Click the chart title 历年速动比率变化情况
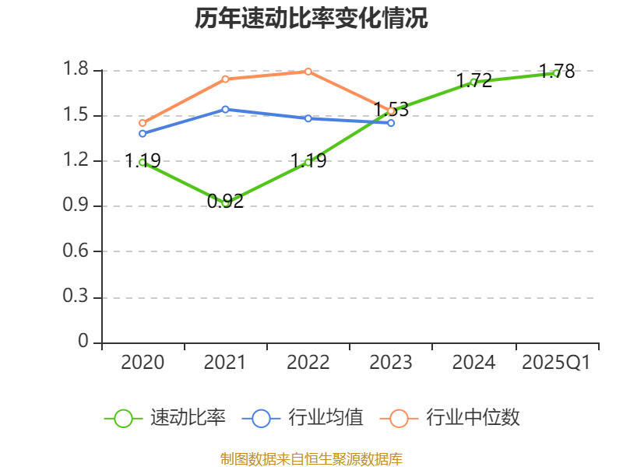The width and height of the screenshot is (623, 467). point(311,19)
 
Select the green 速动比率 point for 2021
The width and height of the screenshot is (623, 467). point(226,203)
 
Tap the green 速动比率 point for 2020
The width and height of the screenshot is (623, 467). point(143,162)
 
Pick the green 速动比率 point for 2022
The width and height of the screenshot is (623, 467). point(308,162)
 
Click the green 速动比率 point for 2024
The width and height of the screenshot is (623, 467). point(473,82)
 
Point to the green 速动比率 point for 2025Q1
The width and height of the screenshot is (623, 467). point(556,73)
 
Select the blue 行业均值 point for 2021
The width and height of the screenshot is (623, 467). point(226,109)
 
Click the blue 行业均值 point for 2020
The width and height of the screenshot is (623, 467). point(143,133)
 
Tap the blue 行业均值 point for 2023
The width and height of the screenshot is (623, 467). point(391,123)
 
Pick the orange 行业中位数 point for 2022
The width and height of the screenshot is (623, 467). point(308,72)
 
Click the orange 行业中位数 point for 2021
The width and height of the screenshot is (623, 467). point(226,79)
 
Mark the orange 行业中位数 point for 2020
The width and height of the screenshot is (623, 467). point(143,123)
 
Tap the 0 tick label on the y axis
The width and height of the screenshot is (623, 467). point(84,342)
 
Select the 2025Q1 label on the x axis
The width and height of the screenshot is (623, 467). point(556,363)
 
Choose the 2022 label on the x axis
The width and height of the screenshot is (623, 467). point(308,363)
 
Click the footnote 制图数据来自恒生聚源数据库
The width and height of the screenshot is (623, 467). point(311,458)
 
